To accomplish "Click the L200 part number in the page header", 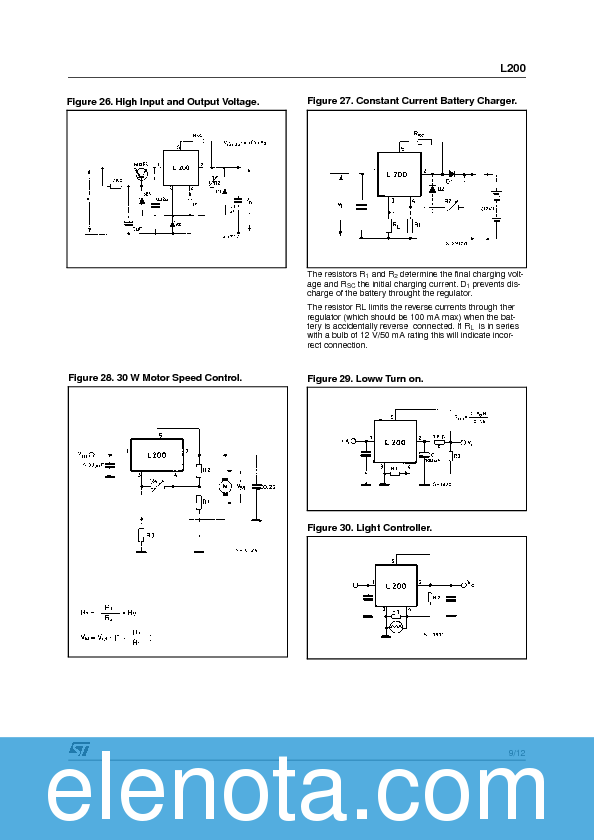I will pyautogui.click(x=512, y=69).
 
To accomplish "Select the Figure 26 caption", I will pyautogui.click(x=163, y=102).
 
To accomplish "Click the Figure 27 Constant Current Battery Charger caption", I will pyautogui.click(x=412, y=101).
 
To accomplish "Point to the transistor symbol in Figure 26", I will pyautogui.click(x=142, y=174).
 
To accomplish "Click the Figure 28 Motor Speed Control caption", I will pyautogui.click(x=155, y=378).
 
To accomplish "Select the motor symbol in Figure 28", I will pyautogui.click(x=225, y=485).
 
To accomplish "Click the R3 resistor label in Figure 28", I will pyautogui.click(x=150, y=536).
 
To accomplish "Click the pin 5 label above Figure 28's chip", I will pyautogui.click(x=160, y=435).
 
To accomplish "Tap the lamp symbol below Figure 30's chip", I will pyautogui.click(x=395, y=626).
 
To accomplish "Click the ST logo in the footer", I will pyautogui.click(x=79, y=749).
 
